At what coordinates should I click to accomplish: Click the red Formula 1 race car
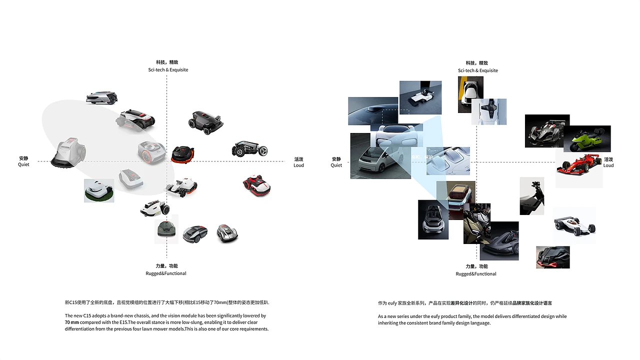(579, 164)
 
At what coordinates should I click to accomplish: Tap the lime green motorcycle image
(587, 139)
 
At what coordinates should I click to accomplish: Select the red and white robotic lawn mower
(257, 185)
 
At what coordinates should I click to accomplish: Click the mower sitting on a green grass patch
(99, 190)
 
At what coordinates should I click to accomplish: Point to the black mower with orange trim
(183, 154)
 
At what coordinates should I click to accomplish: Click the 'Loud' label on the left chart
(298, 165)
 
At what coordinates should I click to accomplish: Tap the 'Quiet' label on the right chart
(336, 165)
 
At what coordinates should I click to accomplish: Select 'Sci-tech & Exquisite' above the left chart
(168, 69)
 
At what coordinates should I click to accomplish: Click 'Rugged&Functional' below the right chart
(476, 274)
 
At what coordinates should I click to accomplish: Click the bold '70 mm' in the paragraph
(71, 322)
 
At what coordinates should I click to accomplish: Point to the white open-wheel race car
(574, 225)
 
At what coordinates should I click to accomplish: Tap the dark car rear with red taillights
(553, 257)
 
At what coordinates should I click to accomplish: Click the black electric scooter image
(531, 196)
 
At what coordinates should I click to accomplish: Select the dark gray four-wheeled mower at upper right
(205, 122)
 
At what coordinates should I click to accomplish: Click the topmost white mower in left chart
(101, 97)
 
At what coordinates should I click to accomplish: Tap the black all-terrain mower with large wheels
(249, 148)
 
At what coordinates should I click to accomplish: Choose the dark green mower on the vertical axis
(166, 229)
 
